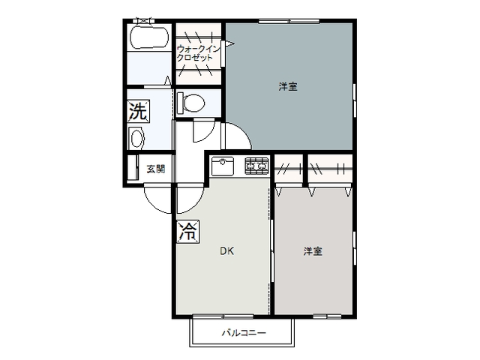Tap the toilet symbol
pos(190,102)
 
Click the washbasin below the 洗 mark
pos(136,138)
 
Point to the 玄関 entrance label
pos(155,169)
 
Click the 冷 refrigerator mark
pos(187,231)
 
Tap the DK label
pos(226,251)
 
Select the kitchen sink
pos(224,165)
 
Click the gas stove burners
pos(256,164)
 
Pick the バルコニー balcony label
pos(243,332)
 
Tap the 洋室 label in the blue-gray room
pos(288,87)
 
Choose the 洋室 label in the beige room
pos(313,251)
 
